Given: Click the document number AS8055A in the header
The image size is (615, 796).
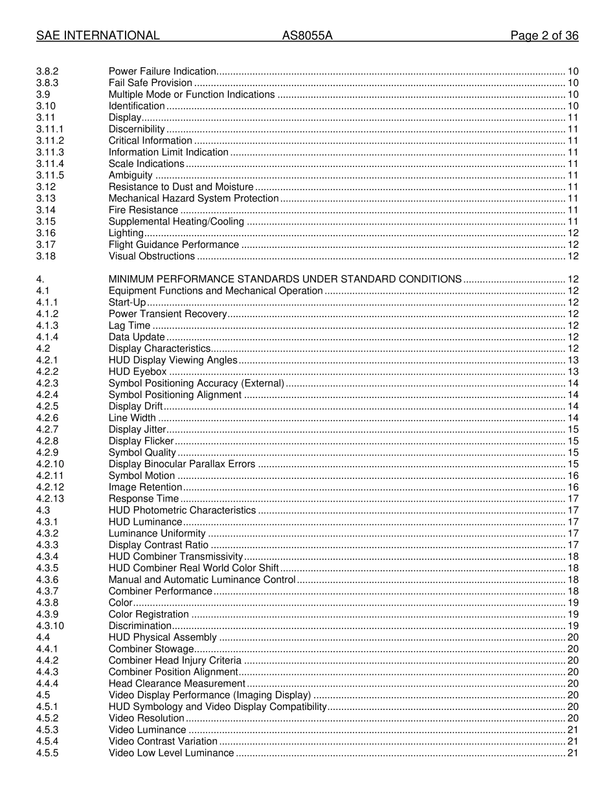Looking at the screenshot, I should pyautogui.click(x=307, y=36).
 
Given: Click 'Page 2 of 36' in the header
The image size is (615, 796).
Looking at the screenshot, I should pyautogui.click(x=544, y=36).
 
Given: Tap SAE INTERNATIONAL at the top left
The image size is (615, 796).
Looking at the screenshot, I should pyautogui.click(x=98, y=36).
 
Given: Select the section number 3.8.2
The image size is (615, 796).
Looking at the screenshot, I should pyautogui.click(x=47, y=71).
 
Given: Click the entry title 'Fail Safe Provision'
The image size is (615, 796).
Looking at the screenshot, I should pyautogui.click(x=150, y=83).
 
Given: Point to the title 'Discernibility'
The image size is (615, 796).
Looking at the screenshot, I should pyautogui.click(x=137, y=129).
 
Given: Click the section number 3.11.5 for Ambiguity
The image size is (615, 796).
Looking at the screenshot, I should pyautogui.click(x=50, y=175).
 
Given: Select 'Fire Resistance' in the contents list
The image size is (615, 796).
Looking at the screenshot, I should pyautogui.click(x=143, y=210).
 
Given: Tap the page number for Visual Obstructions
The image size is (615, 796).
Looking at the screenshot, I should pyautogui.click(x=572, y=256).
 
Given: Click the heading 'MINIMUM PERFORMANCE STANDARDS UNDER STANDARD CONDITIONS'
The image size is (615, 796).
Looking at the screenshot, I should pyautogui.click(x=285, y=280).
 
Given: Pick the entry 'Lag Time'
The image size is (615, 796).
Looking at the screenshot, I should pyautogui.click(x=129, y=326).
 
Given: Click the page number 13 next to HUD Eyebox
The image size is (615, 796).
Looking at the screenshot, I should pyautogui.click(x=572, y=371).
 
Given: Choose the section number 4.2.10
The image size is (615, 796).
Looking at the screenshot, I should pyautogui.click(x=50, y=464).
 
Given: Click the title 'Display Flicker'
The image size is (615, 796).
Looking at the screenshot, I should pyautogui.click(x=141, y=441).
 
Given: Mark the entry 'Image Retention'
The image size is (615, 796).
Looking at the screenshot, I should pyautogui.click(x=145, y=487).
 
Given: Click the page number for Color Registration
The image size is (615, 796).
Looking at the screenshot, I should pyautogui.click(x=572, y=614).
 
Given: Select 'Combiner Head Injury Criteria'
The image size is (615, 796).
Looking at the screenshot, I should pyautogui.click(x=175, y=661).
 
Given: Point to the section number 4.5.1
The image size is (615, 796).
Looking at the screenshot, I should pyautogui.click(x=47, y=707).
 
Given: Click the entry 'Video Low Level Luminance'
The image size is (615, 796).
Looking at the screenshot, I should pyautogui.click(x=171, y=753).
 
